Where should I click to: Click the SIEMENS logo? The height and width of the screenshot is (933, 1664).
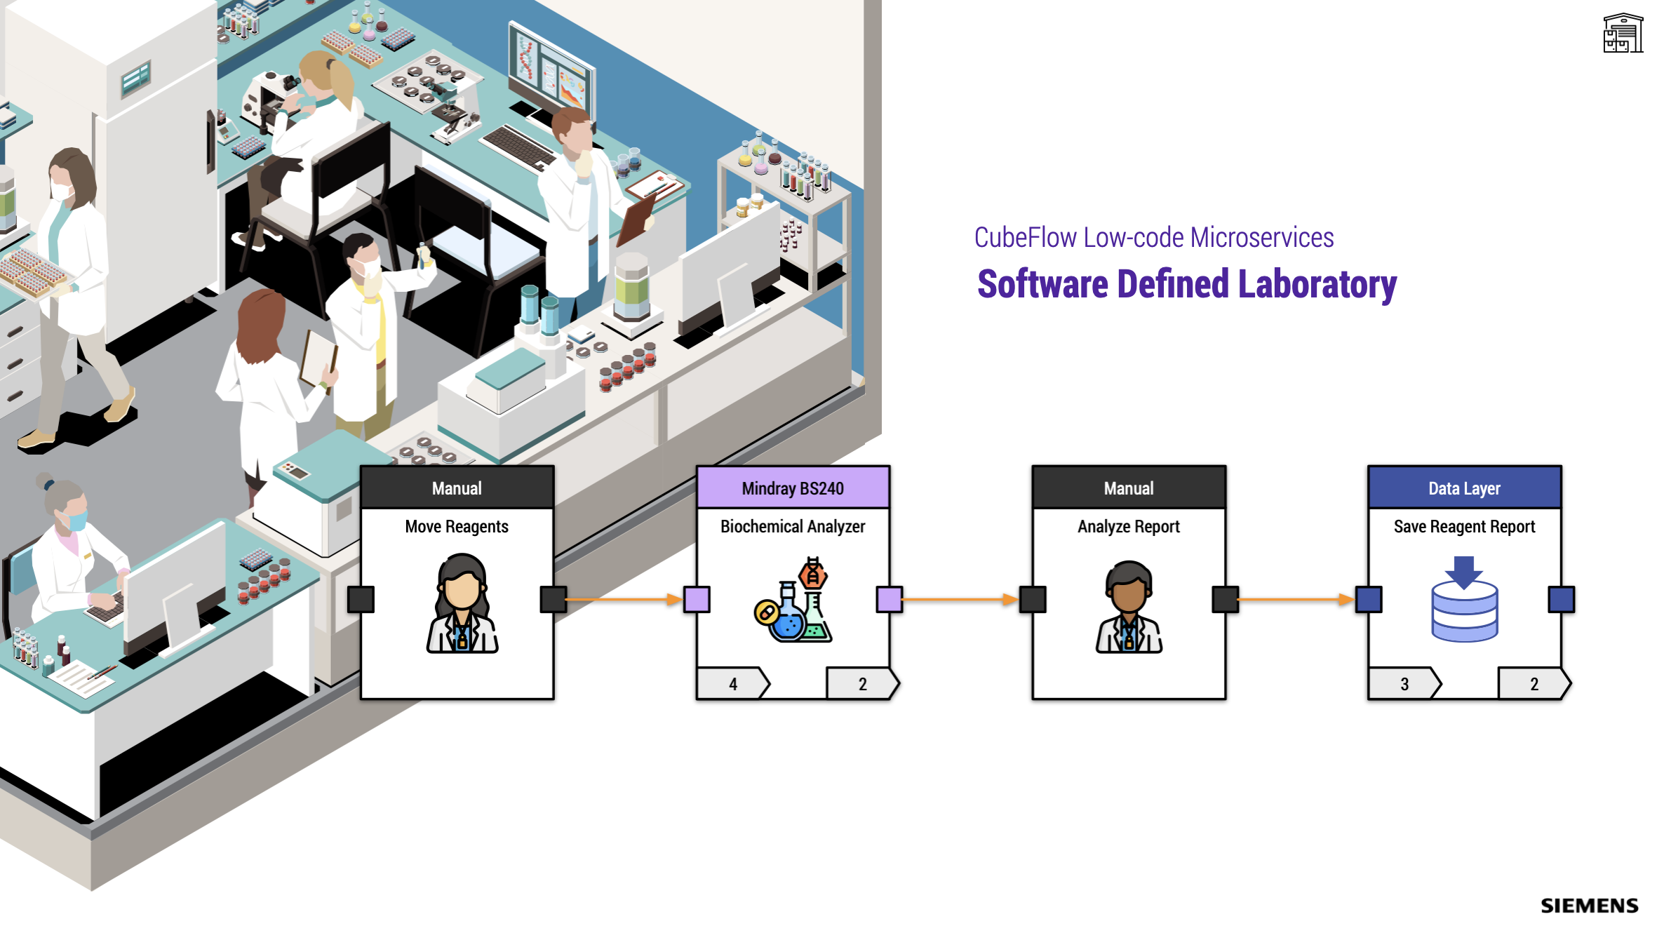(x=1589, y=906)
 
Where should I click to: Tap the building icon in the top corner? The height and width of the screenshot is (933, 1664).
(x=1623, y=33)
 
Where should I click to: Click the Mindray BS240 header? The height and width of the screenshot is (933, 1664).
(x=793, y=488)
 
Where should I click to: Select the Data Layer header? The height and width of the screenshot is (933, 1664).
(x=1464, y=488)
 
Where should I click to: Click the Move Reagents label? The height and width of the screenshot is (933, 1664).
(x=457, y=527)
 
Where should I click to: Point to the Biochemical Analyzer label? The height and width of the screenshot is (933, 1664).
(x=793, y=527)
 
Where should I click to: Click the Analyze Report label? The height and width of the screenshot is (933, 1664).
(x=1128, y=527)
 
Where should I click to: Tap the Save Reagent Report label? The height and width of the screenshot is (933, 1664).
(x=1464, y=527)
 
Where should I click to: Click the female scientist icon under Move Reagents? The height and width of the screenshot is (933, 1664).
(x=462, y=603)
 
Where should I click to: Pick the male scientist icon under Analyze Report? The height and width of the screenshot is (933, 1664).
(x=1129, y=607)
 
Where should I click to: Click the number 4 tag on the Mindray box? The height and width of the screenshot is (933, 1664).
(x=732, y=684)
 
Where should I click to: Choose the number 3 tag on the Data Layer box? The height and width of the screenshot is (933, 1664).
(x=1404, y=684)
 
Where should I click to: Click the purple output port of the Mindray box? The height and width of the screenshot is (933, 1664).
(x=890, y=600)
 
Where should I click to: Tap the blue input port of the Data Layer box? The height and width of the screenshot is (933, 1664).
(x=1369, y=600)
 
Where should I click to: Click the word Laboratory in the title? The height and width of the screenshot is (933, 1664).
(x=1317, y=286)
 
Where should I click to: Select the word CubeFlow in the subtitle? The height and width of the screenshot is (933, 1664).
(x=1025, y=238)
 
